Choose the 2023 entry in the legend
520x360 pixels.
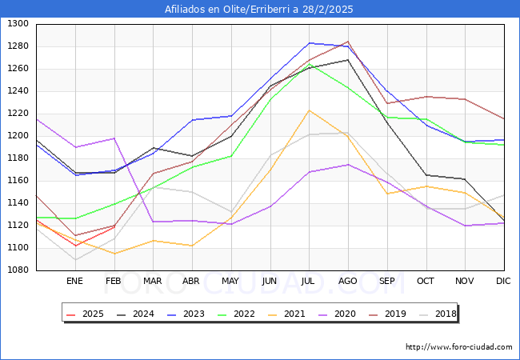click(190, 314)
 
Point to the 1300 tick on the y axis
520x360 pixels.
click(18, 24)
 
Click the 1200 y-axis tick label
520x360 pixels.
click(18, 136)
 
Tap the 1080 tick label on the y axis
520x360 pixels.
click(18, 270)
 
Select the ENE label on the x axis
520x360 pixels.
click(74, 281)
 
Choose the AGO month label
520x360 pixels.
click(348, 281)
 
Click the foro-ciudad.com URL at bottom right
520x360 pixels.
click(458, 347)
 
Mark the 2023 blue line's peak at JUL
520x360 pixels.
click(309, 43)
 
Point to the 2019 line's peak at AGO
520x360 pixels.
click(348, 42)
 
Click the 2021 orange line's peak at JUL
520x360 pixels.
click(309, 110)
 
